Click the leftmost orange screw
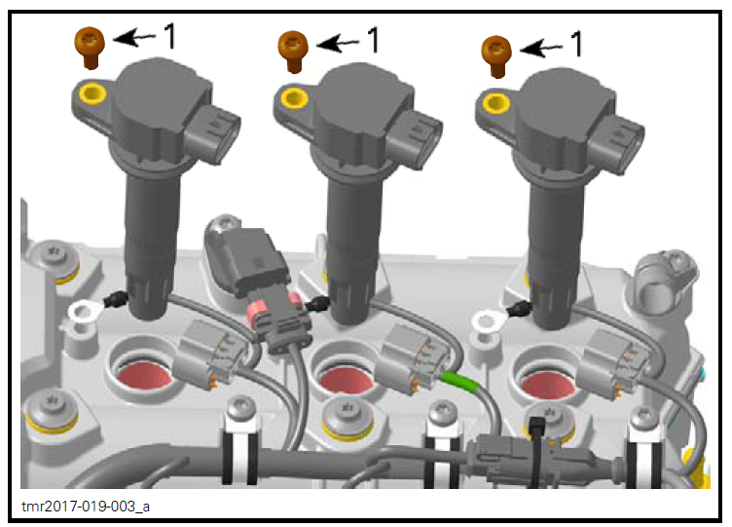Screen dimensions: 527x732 90,47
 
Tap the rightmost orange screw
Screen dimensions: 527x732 497,52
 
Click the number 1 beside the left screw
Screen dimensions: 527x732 168,38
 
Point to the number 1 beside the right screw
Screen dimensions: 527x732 576,44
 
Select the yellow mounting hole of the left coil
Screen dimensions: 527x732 92,94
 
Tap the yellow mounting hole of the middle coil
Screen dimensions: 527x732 292,94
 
